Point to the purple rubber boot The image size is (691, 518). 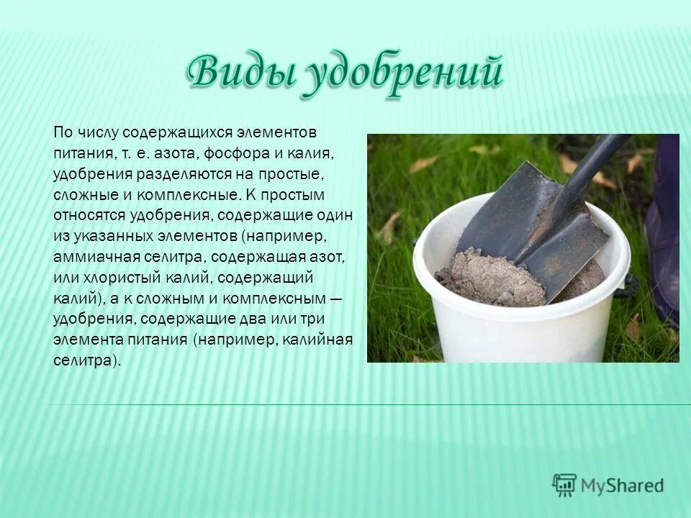664,230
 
